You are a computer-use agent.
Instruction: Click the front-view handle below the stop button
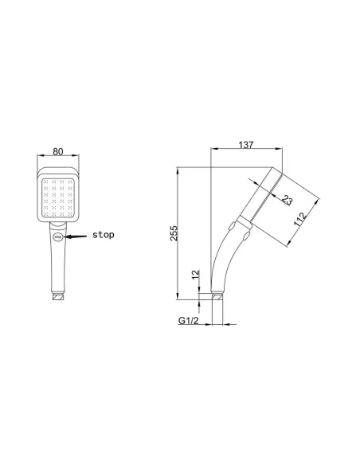click(57, 267)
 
